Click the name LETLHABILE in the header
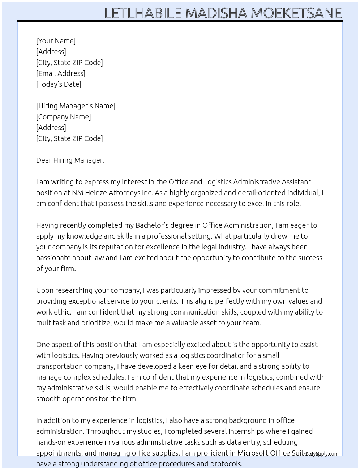click(143, 13)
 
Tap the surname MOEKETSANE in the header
click(296, 13)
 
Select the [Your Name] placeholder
click(56, 41)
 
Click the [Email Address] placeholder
click(61, 73)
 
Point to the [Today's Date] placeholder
click(59, 84)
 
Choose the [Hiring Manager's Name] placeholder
click(76, 106)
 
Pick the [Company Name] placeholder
click(64, 117)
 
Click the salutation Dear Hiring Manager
click(70, 160)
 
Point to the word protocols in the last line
click(226, 464)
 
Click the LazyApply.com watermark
click(322, 454)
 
